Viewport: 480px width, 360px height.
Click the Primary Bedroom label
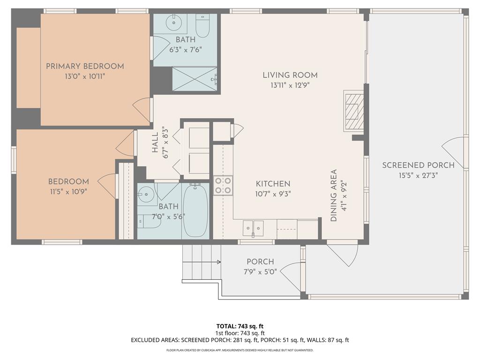[85, 66]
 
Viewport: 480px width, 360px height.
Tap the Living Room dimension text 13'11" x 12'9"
[290, 85]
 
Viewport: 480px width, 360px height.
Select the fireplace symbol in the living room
[352, 110]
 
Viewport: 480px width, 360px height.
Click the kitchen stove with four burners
[223, 185]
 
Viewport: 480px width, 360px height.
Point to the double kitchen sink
[253, 228]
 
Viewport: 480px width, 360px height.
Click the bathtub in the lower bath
[195, 211]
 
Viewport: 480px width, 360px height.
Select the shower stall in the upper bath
[195, 79]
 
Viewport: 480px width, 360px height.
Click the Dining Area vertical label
[334, 195]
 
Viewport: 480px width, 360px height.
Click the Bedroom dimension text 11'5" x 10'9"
[68, 191]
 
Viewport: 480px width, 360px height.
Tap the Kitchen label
[273, 184]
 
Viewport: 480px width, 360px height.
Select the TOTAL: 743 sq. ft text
[240, 326]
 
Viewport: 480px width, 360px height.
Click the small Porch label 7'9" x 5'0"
[260, 271]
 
